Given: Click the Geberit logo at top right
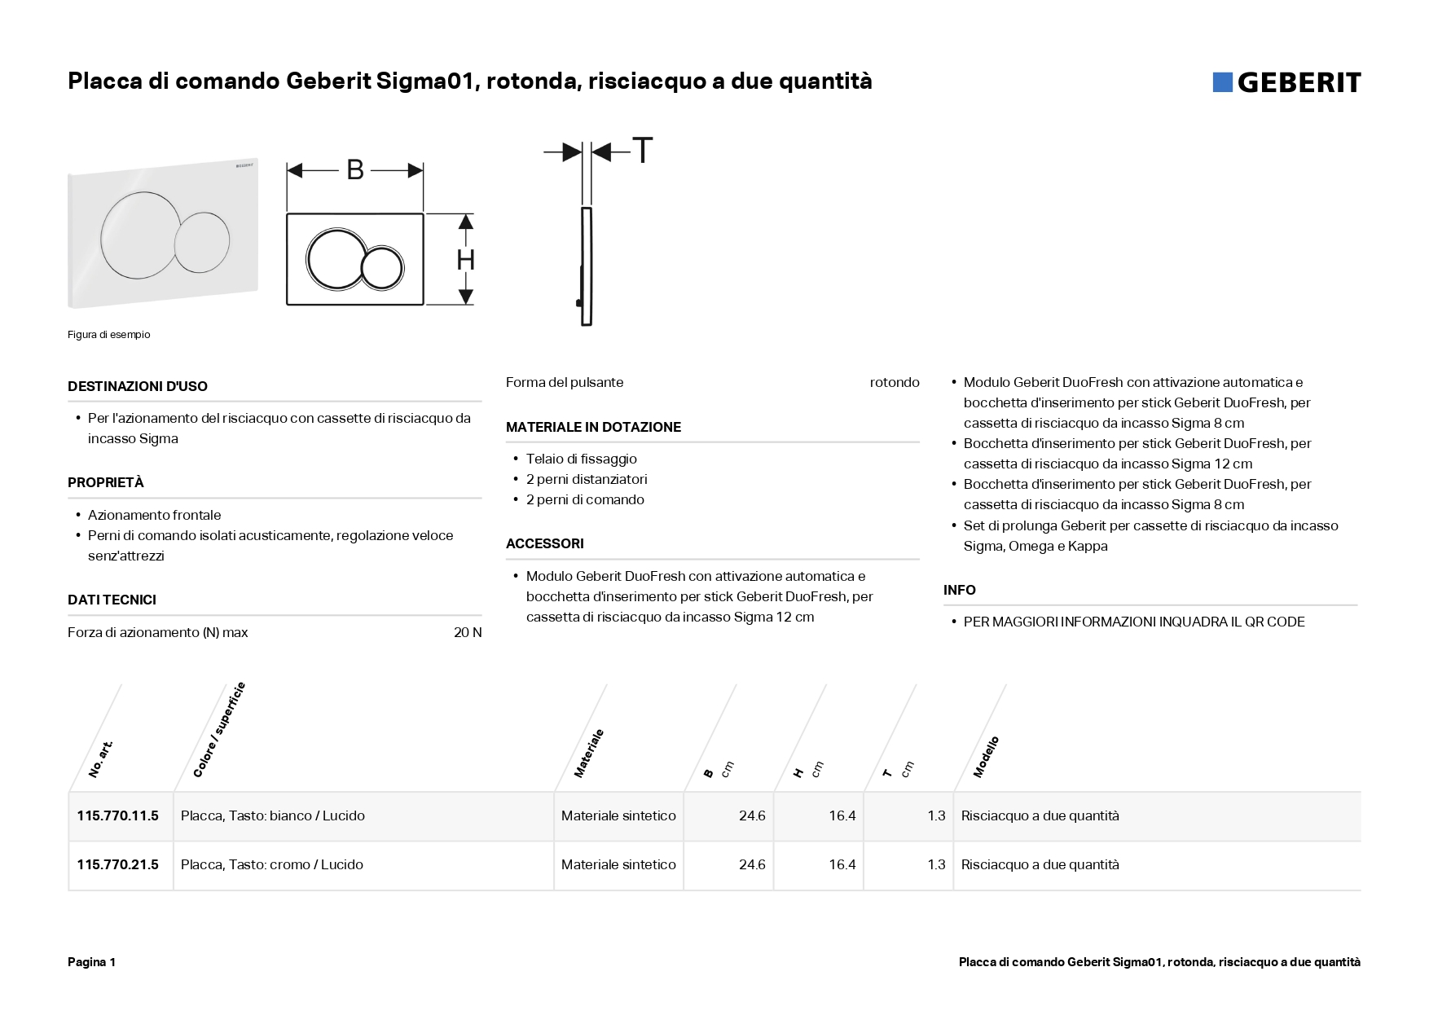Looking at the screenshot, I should [x=1286, y=82].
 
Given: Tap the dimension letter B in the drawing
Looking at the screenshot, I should [x=355, y=169].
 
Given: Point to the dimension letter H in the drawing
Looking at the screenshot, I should [x=465, y=260].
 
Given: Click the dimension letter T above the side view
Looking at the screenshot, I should [x=643, y=151].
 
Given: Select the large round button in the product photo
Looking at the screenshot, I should [x=137, y=233].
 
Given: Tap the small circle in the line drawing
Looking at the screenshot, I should [x=382, y=268].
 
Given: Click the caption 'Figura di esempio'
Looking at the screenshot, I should [x=108, y=335].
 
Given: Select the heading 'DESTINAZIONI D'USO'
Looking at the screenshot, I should [x=138, y=386].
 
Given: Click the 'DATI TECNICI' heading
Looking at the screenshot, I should [x=112, y=600].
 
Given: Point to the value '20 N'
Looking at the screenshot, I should [x=468, y=632].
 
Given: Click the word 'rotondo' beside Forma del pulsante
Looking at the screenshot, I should [x=894, y=382].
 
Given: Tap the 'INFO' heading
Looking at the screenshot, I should [x=960, y=590].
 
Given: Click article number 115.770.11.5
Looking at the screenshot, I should [x=118, y=815].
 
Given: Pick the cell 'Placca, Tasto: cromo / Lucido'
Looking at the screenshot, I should [x=272, y=864].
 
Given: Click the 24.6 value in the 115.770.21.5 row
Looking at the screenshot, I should [x=752, y=864].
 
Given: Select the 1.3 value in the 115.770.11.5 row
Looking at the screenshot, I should [x=936, y=815].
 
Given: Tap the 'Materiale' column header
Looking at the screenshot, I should [x=589, y=753].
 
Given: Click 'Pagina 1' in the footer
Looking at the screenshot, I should [x=92, y=962].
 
